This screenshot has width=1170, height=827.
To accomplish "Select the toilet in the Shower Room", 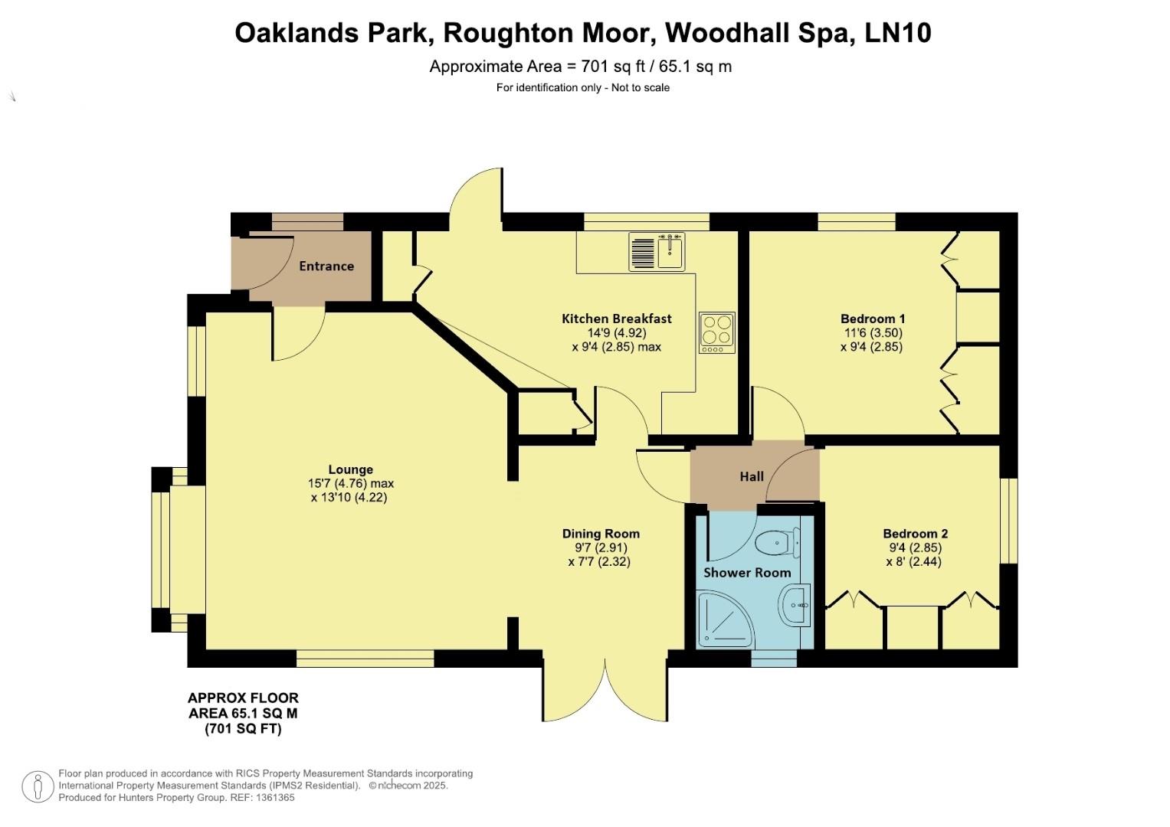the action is tap(778, 543).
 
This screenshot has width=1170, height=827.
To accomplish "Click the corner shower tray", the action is tap(726, 619).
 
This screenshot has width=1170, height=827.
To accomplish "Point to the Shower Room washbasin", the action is tap(795, 605).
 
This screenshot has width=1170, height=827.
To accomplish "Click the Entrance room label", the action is tap(326, 266).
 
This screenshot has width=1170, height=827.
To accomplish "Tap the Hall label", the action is tap(752, 476).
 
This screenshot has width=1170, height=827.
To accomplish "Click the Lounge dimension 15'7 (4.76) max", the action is tap(350, 483).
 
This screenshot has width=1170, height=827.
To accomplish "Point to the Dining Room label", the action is tap(601, 534).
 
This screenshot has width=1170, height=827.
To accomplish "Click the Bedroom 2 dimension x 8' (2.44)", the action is tap(913, 562).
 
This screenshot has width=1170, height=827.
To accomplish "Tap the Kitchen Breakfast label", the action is tap(616, 319).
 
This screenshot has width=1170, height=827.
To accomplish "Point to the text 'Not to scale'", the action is tap(641, 88).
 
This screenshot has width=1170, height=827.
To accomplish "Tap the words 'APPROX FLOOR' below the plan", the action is tap(244, 698).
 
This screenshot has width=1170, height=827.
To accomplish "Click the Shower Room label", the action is tap(747, 573).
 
